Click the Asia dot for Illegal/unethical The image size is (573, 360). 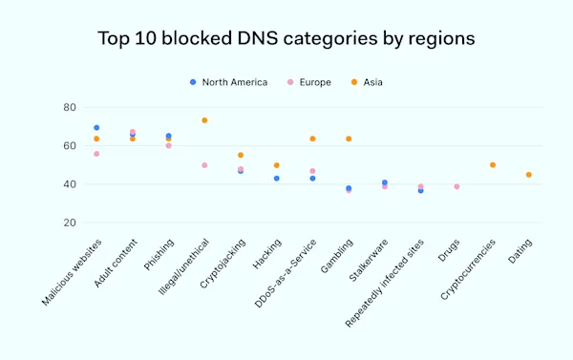click(x=204, y=120)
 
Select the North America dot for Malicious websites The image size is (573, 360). click(x=96, y=128)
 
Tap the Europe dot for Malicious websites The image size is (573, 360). click(x=96, y=154)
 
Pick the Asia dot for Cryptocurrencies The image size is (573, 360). click(x=493, y=165)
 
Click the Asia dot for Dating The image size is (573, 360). click(x=529, y=175)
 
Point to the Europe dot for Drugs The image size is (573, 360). click(x=456, y=186)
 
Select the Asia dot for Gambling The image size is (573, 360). click(x=349, y=138)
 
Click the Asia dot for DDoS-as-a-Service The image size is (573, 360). click(x=312, y=138)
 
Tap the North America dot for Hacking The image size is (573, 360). click(x=277, y=179)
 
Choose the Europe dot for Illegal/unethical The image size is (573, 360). click(x=204, y=165)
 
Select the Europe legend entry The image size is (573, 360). click(x=308, y=82)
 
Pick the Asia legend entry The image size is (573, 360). click(x=371, y=82)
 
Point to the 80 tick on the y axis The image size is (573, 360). click(x=70, y=108)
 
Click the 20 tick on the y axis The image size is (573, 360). click(x=70, y=222)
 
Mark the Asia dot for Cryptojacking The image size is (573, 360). click(x=241, y=155)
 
